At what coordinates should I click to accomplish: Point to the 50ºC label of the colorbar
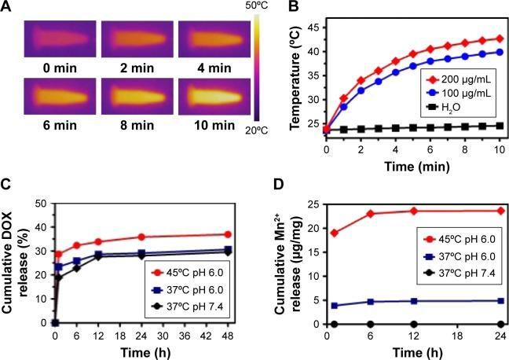257,7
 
